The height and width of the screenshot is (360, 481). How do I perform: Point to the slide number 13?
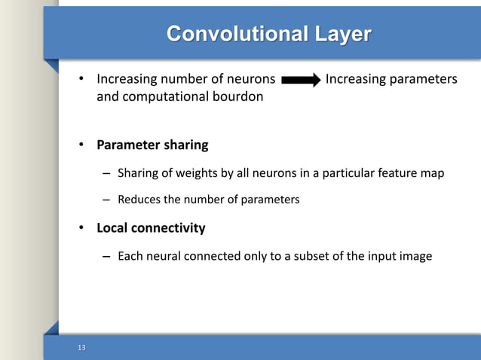82,346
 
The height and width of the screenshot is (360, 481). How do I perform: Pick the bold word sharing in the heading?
185,144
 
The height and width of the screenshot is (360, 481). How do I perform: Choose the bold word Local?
112,227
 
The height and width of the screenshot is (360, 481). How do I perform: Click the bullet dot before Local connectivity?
84,227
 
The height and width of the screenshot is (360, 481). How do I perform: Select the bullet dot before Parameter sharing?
84,144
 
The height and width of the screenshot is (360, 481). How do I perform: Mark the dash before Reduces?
106,200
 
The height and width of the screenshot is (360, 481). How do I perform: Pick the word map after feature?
432,173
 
